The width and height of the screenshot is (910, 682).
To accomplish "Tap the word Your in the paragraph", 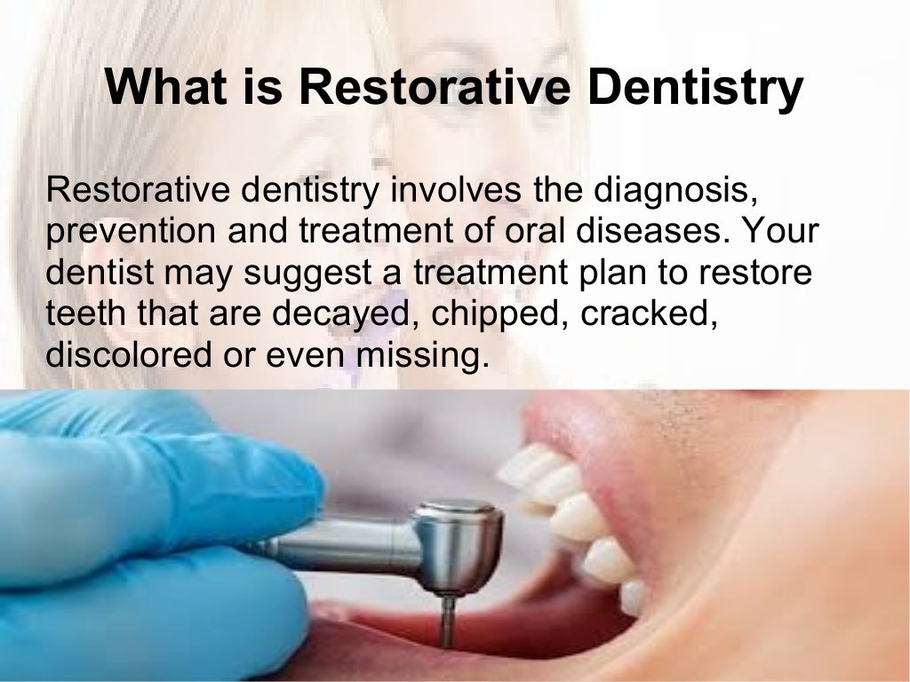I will pyautogui.click(x=776, y=231).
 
